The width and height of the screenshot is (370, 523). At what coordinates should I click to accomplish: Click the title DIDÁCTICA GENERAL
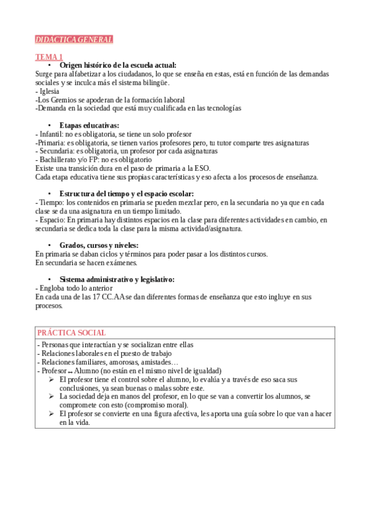pos(74,39)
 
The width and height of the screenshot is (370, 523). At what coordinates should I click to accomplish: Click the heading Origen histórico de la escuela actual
pos(118,65)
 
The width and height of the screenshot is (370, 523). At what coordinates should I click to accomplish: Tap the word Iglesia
pos(49,91)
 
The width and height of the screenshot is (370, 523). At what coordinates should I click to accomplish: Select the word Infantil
pos(51,134)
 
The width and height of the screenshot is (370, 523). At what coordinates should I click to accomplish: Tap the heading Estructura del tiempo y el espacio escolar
pos(127,194)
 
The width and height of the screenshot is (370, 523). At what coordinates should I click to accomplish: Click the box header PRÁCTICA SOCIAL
pos(72,332)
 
